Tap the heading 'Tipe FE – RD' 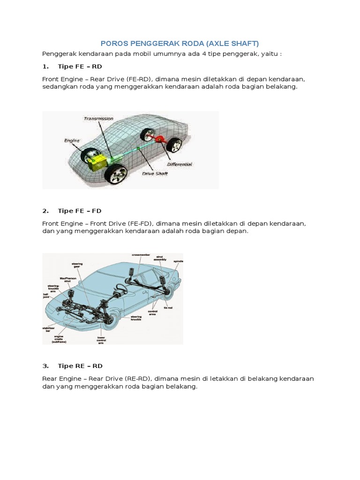[x=79, y=66]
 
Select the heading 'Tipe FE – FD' [x=79, y=210]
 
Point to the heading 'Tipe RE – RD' [x=80, y=366]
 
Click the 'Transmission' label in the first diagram [x=98, y=119]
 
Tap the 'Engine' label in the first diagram [x=72, y=140]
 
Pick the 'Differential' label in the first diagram [x=180, y=165]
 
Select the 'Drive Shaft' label [x=155, y=173]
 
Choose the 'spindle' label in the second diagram [x=178, y=261]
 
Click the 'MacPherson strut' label [x=67, y=280]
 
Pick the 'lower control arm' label [x=101, y=340]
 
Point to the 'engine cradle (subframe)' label [x=60, y=339]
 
